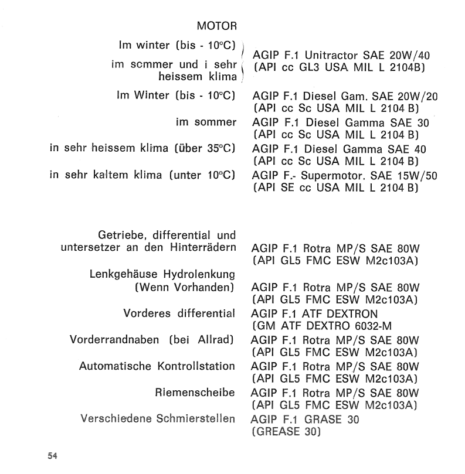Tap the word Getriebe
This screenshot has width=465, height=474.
(118, 237)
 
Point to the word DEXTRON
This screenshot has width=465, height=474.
(345, 314)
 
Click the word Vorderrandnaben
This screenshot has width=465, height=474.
(111, 340)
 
